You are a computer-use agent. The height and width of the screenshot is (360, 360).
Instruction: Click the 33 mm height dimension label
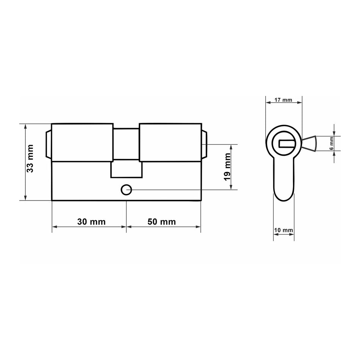click(x=30, y=159)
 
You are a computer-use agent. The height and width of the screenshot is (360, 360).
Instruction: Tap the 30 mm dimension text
click(x=91, y=222)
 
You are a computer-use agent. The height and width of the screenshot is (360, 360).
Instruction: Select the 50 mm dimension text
click(x=162, y=222)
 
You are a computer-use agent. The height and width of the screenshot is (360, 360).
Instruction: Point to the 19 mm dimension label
click(x=227, y=167)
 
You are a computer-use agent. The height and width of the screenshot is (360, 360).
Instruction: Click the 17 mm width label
click(x=283, y=100)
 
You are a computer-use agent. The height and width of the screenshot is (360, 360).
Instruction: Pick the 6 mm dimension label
click(x=332, y=143)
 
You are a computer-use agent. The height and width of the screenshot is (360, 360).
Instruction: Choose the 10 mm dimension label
click(x=283, y=230)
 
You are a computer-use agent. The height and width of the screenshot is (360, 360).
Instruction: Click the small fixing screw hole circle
click(x=126, y=190)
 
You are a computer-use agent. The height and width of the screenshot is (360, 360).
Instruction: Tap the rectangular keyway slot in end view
click(x=286, y=144)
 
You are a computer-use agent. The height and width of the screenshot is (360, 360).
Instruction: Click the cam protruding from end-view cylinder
click(x=309, y=144)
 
